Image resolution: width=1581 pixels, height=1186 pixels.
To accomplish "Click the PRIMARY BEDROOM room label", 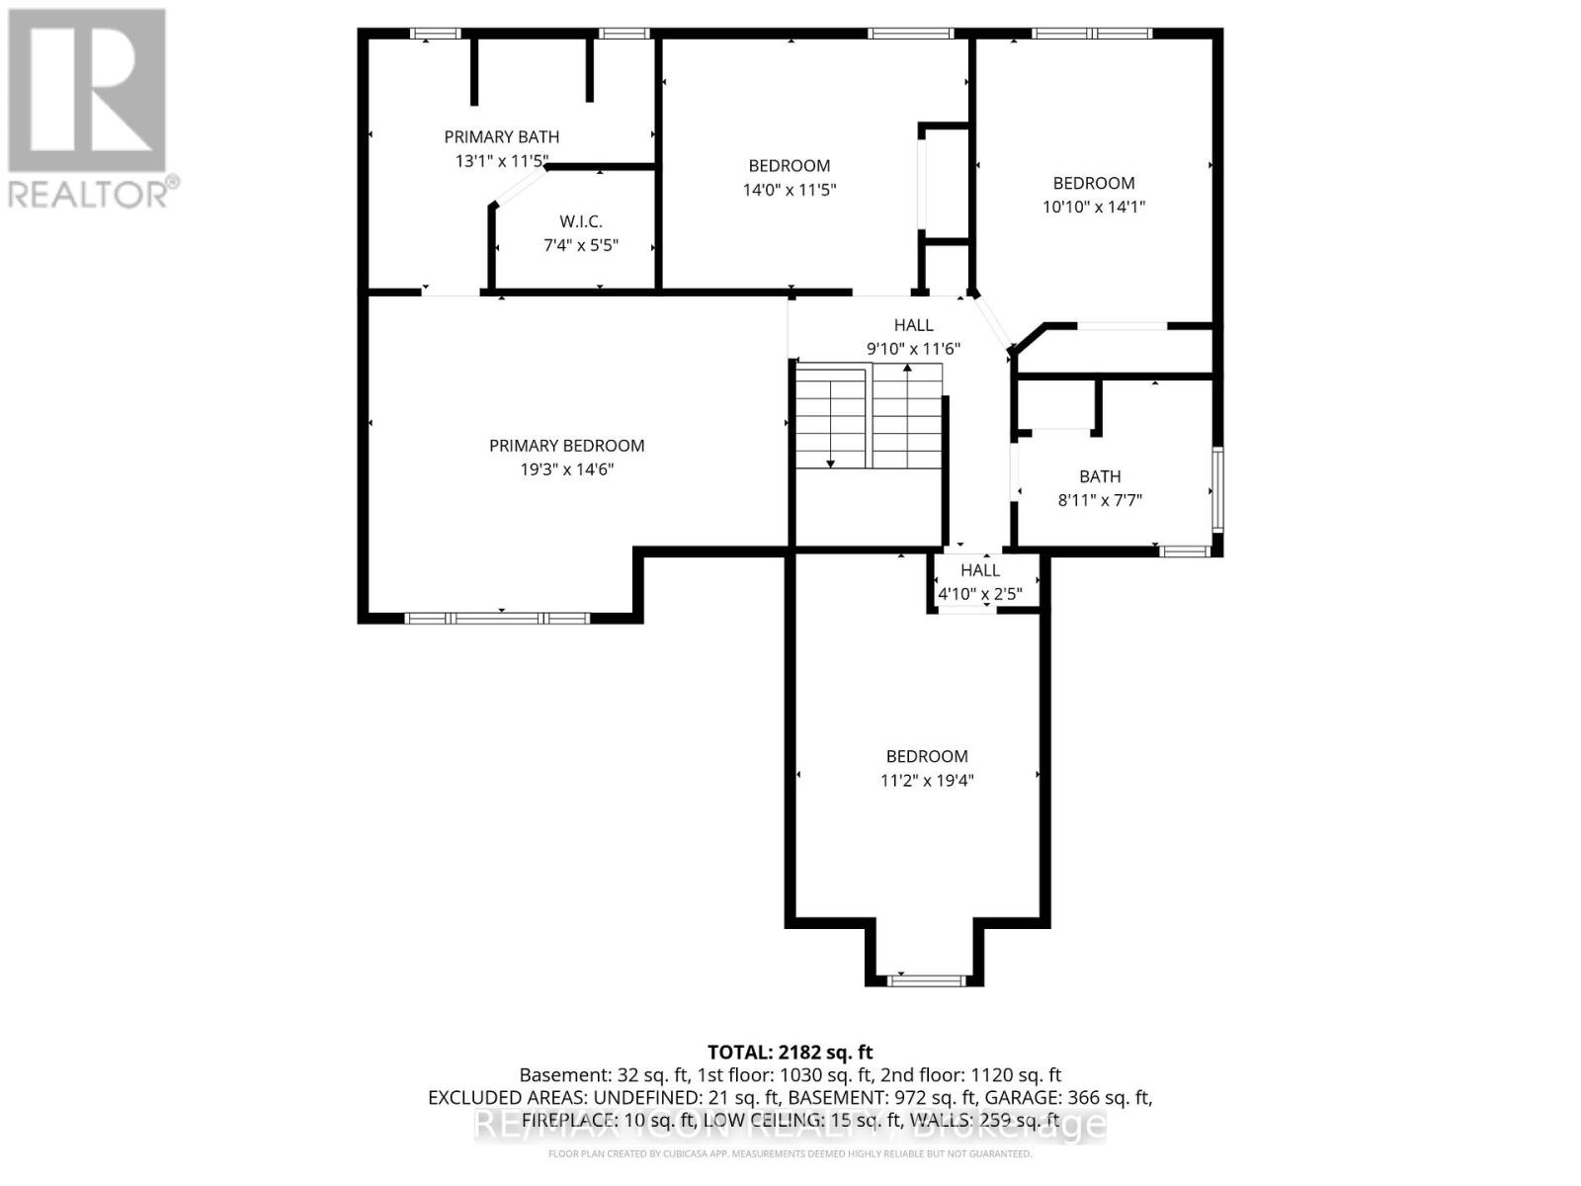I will (566, 446).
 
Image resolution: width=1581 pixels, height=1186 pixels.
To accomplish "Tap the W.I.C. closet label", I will (580, 221).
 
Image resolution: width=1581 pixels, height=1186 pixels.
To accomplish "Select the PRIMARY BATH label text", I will (501, 137).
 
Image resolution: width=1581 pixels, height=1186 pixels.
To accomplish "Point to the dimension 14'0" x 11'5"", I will (789, 190).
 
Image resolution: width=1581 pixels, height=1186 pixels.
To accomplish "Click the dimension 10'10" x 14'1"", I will (1093, 207).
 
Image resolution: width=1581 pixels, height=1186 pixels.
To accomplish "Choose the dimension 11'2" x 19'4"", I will (926, 780).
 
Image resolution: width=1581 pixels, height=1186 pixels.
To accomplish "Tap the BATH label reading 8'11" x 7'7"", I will (1100, 476).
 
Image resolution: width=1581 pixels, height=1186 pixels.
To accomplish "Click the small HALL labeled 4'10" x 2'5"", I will (979, 570).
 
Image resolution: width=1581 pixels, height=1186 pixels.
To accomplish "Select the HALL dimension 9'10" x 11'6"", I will (913, 348).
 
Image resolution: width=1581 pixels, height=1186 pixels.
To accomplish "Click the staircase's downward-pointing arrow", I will (831, 461).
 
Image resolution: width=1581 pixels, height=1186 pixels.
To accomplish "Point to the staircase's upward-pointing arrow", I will (907, 370).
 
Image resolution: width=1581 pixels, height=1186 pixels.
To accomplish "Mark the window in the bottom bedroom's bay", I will (925, 980).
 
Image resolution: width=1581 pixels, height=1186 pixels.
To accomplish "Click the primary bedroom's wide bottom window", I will (496, 619).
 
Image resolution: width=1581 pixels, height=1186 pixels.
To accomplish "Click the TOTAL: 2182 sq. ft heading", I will (790, 1053).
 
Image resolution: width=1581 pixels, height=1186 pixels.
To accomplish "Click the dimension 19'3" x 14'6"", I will (566, 469).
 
